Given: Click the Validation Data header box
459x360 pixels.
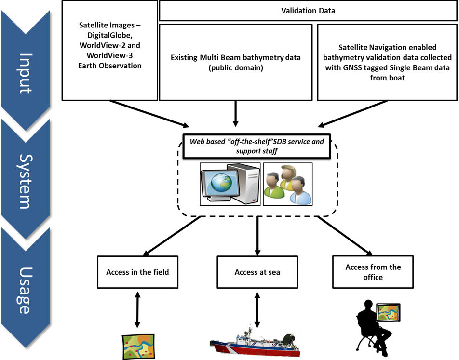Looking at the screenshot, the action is (x=308, y=11).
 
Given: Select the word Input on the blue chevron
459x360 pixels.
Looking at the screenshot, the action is (x=26, y=73).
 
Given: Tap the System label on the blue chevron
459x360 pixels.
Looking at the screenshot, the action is (x=26, y=181).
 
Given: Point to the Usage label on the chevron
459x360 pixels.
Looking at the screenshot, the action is (x=25, y=290).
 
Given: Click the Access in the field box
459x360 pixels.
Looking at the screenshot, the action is (x=137, y=272).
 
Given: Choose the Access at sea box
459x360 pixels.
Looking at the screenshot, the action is (x=257, y=272).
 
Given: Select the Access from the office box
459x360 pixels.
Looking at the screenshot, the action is (x=373, y=272).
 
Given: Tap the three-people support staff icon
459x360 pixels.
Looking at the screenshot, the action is (x=288, y=184).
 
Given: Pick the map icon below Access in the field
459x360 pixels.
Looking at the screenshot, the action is (x=138, y=347).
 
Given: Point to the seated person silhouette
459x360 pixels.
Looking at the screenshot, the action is (x=373, y=328).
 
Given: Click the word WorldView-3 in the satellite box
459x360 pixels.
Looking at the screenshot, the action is (x=109, y=55).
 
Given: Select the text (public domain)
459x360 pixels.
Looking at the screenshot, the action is (x=236, y=68).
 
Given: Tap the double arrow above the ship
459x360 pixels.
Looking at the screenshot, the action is (x=257, y=310).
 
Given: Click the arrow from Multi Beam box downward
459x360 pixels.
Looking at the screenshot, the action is (x=235, y=114).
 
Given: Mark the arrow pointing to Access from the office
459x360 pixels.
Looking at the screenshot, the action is (x=345, y=236).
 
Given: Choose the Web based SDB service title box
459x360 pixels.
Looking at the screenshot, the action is (x=256, y=147).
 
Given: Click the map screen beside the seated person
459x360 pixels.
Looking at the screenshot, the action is (x=388, y=313).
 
